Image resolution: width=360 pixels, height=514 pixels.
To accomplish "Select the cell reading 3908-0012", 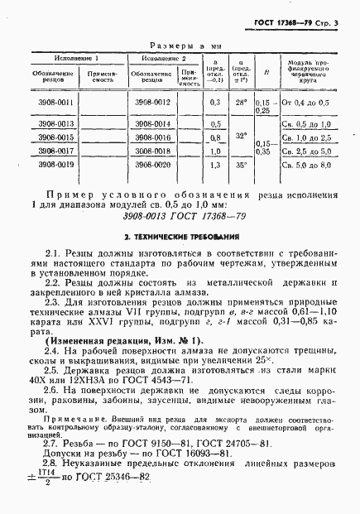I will pyautogui.click(x=155, y=101).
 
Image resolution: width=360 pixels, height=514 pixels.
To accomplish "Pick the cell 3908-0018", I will pyautogui.click(x=155, y=151).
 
